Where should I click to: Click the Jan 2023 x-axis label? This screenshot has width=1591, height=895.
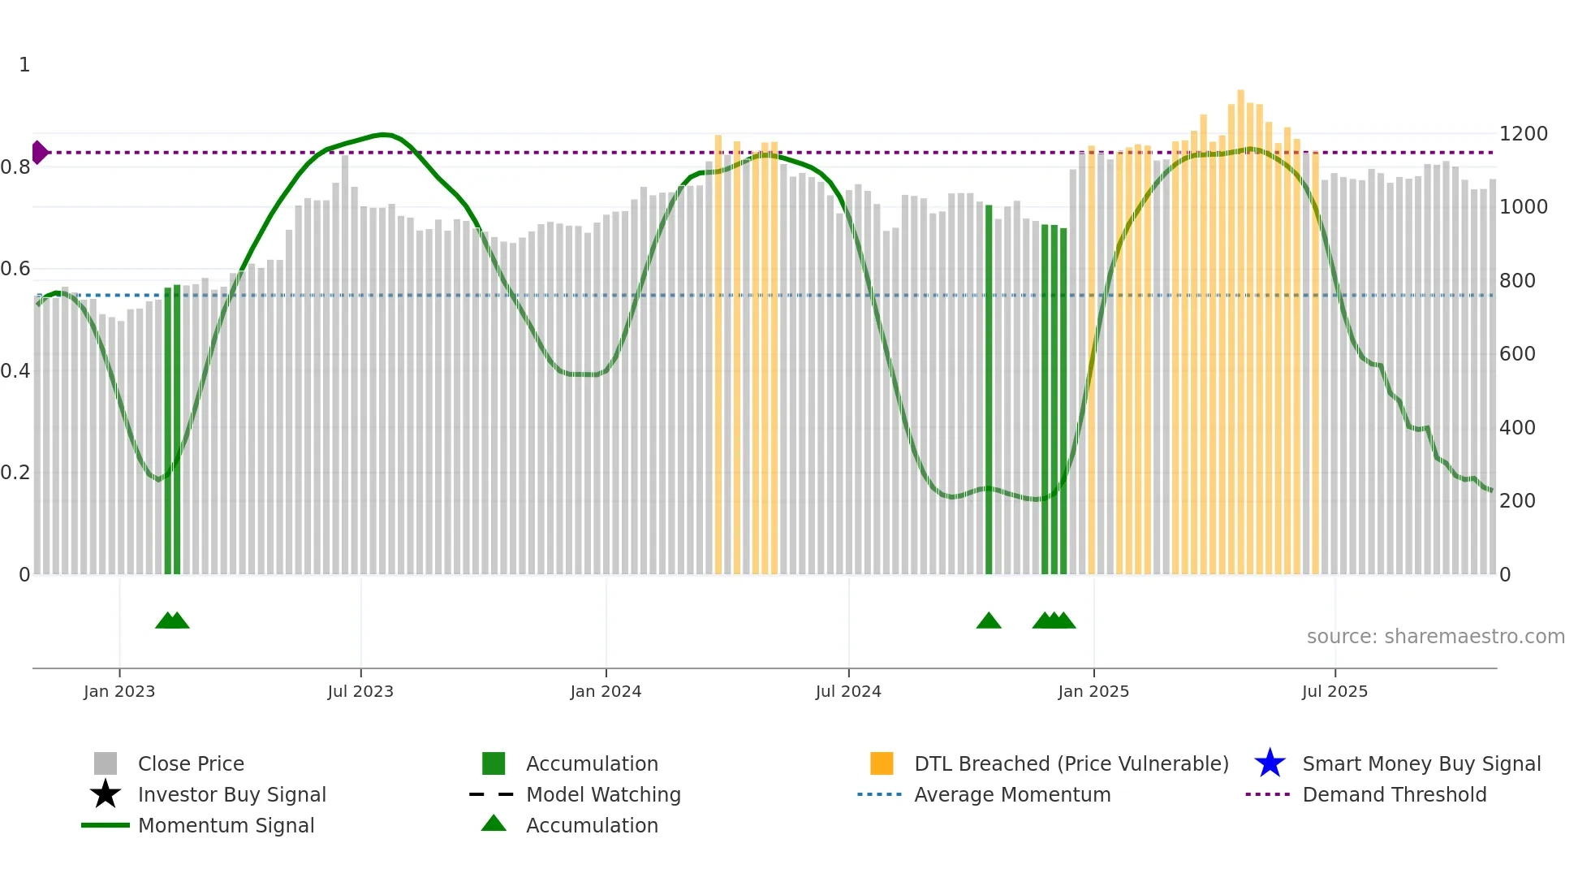click(119, 691)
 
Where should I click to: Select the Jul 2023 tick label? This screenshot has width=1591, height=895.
click(360, 691)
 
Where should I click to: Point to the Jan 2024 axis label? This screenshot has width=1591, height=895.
click(606, 691)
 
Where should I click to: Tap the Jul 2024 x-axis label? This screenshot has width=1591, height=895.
click(848, 691)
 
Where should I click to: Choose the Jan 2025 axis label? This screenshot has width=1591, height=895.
click(1093, 691)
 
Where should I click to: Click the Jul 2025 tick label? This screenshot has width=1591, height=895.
click(1334, 691)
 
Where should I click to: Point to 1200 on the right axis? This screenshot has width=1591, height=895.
click(1524, 134)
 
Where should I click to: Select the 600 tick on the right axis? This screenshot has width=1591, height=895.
click(1517, 354)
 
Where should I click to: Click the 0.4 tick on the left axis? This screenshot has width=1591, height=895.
click(15, 371)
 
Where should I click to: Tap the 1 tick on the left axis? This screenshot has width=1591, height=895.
click(24, 65)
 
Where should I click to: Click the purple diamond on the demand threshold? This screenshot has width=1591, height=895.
click(39, 152)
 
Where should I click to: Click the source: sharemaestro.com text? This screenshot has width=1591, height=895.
click(1435, 637)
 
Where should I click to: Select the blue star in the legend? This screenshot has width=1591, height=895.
click(1270, 763)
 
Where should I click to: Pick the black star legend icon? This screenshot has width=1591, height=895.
click(106, 794)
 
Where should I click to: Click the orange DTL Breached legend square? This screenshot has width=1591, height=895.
click(882, 763)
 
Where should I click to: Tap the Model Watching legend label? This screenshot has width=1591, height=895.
click(603, 794)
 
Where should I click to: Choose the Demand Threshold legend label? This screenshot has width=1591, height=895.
click(1394, 794)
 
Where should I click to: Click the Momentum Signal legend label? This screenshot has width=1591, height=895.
click(226, 825)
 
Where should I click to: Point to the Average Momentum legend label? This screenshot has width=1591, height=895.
click(1012, 794)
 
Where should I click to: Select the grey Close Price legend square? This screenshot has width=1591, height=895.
click(106, 763)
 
